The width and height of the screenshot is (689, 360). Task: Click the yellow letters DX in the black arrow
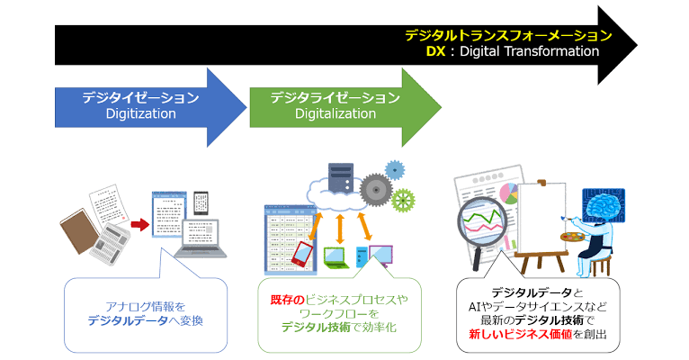click(x=435, y=51)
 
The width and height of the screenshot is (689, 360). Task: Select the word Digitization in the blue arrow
click(x=140, y=113)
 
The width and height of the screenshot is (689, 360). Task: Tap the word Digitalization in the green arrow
click(x=336, y=113)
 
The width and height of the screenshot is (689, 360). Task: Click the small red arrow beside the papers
click(x=140, y=225)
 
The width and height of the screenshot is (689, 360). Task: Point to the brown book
click(x=79, y=230)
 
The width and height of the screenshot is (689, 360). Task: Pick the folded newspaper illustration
click(x=110, y=243)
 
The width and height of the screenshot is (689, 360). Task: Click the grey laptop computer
click(x=201, y=238)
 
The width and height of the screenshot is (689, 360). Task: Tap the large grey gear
click(x=376, y=190)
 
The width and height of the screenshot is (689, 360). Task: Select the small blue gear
click(x=395, y=170)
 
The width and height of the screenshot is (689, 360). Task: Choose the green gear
click(x=403, y=200)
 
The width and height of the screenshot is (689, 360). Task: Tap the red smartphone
click(x=302, y=254)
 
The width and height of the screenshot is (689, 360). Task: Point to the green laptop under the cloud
click(x=336, y=257)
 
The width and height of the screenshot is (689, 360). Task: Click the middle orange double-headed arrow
click(x=339, y=229)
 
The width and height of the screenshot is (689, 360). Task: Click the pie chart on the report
click(x=508, y=193)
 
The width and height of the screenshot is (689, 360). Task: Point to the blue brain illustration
click(x=604, y=206)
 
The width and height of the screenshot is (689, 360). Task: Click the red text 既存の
click(x=287, y=301)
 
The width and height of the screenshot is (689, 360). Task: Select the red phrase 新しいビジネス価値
click(x=520, y=334)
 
